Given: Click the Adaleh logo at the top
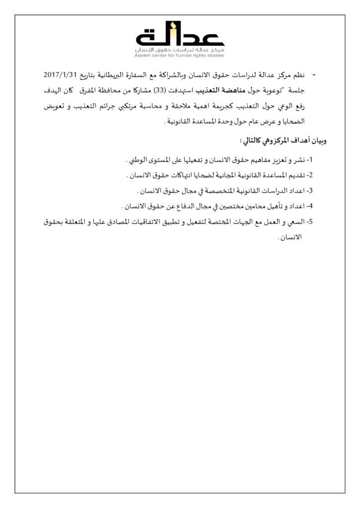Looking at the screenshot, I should (180, 38).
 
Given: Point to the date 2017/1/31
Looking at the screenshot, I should (61, 74).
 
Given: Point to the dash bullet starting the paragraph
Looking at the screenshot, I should (314, 74).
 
